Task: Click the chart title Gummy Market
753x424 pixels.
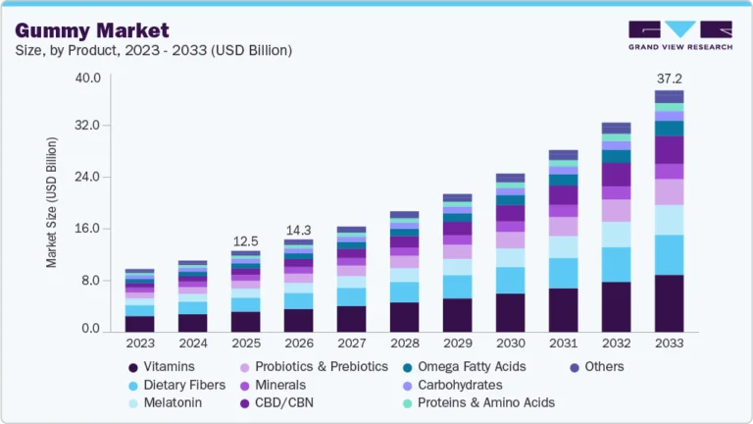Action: click(x=94, y=30)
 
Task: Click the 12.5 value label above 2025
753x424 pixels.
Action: click(x=246, y=241)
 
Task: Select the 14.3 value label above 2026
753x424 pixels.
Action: click(x=298, y=230)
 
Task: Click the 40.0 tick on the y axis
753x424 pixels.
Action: click(x=88, y=79)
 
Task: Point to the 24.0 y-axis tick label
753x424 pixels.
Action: click(x=88, y=178)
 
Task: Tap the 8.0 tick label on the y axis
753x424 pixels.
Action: click(x=92, y=281)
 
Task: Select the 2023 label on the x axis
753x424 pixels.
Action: click(x=139, y=344)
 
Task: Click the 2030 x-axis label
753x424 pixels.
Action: click(x=510, y=344)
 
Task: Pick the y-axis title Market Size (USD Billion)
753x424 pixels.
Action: click(x=51, y=203)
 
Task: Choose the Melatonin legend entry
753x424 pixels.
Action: click(x=173, y=402)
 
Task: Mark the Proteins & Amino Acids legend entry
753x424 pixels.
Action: click(x=485, y=402)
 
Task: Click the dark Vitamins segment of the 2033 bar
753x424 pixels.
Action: click(x=669, y=303)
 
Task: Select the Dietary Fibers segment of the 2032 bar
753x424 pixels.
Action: click(x=616, y=264)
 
